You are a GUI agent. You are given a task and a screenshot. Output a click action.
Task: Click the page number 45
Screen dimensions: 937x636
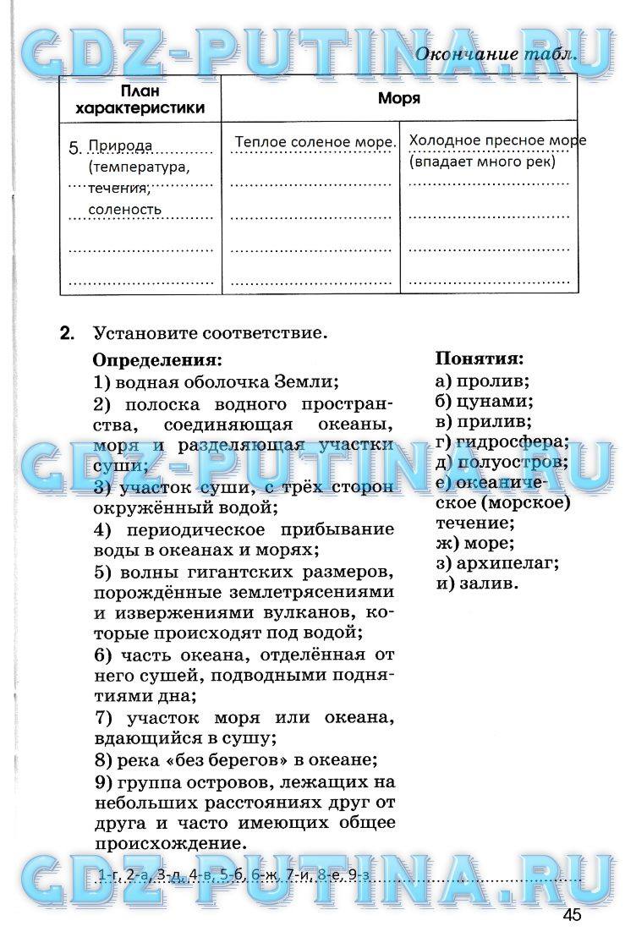(571, 915)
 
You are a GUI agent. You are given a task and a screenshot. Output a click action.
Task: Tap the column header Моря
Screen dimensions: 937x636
(399, 98)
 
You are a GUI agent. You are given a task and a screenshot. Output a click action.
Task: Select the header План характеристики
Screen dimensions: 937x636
(140, 99)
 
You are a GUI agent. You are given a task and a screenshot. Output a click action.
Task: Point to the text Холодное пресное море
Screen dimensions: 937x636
(497, 140)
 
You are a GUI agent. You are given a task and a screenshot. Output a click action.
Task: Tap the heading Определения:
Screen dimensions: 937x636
(156, 359)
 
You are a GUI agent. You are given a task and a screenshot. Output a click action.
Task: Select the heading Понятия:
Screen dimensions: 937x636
(480, 359)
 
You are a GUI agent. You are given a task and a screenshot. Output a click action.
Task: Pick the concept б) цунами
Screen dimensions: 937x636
(485, 401)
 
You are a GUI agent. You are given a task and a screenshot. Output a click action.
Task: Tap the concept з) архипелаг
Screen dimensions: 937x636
(498, 563)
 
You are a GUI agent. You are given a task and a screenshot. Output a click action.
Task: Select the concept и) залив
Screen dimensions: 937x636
(478, 584)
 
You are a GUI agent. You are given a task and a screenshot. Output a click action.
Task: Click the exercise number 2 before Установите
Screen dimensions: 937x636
(68, 333)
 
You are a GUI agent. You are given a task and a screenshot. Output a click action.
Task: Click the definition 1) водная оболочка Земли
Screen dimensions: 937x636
(216, 381)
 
